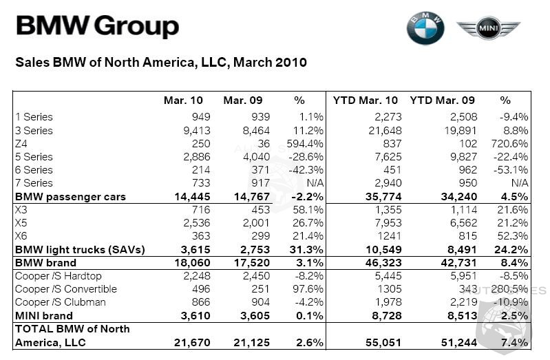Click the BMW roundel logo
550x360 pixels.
425,29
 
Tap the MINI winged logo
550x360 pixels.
489,29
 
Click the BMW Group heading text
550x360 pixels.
97,27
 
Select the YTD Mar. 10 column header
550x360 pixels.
366,100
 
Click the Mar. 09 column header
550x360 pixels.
243,100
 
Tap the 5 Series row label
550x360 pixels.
34,156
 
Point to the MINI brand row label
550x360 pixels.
42,316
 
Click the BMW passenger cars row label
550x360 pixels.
70,197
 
